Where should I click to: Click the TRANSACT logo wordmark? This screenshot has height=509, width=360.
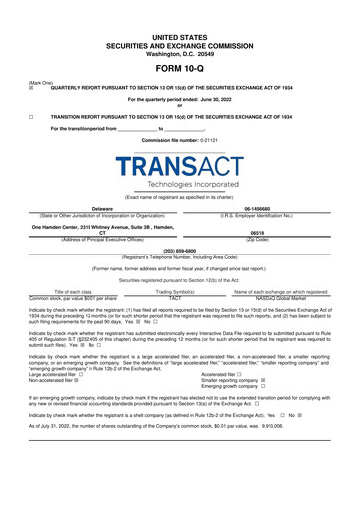pyautogui.click(x=180, y=168)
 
